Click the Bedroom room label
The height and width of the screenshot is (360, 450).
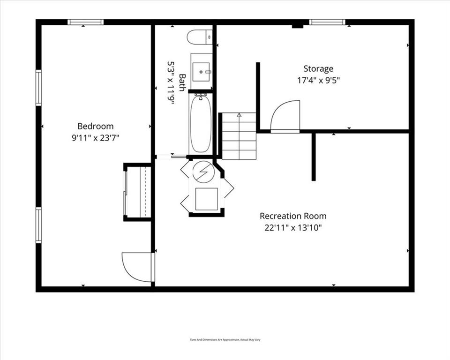click(96, 126)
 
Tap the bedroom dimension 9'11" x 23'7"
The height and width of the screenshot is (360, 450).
click(95, 138)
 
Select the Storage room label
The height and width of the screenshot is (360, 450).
click(318, 68)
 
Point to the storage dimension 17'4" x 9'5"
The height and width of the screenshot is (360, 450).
click(318, 80)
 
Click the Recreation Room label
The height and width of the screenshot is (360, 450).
click(293, 216)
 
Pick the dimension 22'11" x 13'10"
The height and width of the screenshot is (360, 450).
click(293, 228)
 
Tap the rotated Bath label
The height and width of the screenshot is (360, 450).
click(182, 82)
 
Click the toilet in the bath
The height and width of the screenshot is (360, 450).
click(200, 37)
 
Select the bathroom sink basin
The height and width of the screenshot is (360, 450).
click(202, 72)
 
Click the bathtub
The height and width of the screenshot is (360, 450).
click(201, 123)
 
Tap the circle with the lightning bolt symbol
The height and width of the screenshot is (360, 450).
click(203, 172)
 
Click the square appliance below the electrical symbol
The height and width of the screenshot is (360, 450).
click(206, 199)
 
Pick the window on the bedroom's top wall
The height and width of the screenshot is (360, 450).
click(85, 22)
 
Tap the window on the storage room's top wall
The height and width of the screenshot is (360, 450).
click(327, 22)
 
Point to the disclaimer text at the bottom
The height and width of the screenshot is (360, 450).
click(225, 340)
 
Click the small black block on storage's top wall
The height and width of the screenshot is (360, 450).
click(298, 26)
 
